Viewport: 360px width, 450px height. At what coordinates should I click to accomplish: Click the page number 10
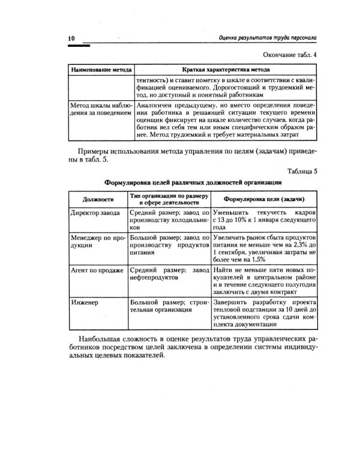point(71,38)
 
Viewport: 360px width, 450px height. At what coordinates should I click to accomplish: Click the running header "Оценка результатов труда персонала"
point(268,39)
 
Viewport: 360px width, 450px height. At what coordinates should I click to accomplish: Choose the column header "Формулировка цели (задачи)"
point(262,199)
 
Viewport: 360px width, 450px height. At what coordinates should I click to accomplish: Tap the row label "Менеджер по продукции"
point(97,241)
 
